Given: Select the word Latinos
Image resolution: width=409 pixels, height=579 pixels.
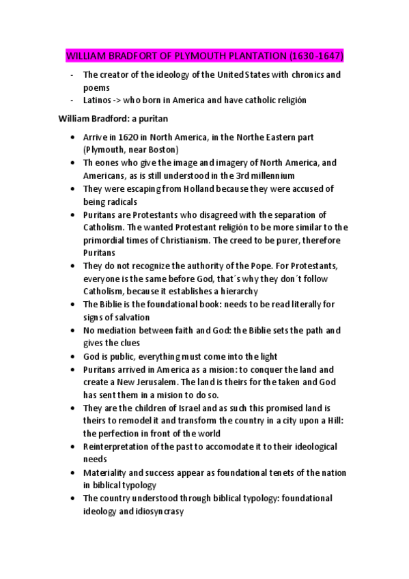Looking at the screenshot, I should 98,100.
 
